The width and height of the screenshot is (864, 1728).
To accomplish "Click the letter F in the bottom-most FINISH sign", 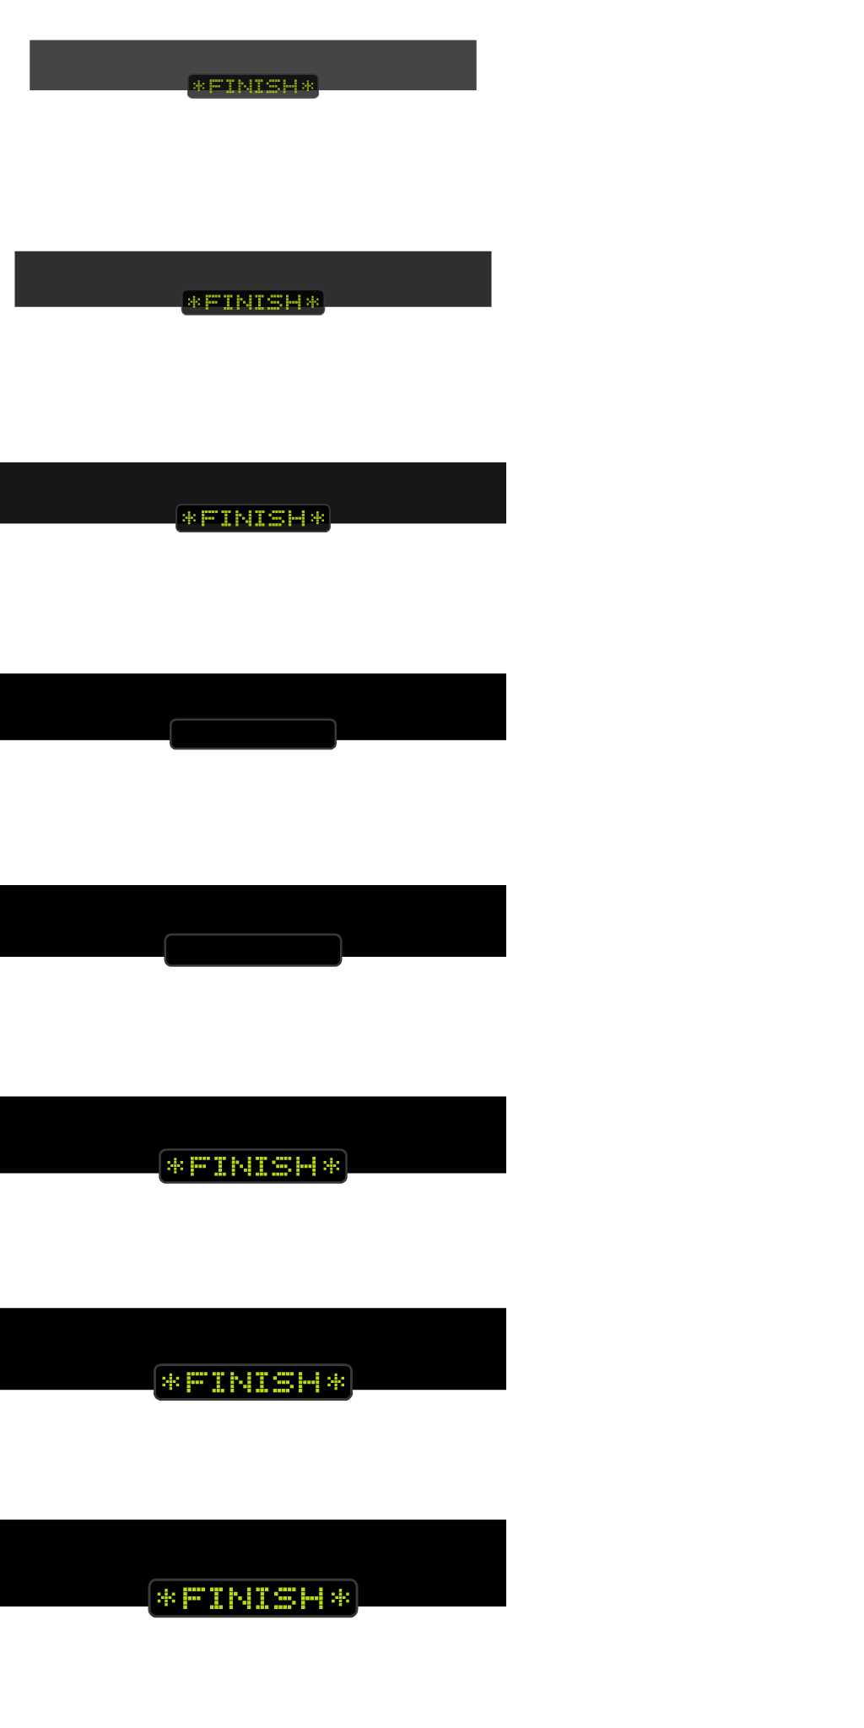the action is (192, 1598).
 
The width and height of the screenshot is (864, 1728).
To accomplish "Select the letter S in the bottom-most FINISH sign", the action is (289, 1598).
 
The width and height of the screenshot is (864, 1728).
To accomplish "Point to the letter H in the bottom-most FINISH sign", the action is (313, 1598).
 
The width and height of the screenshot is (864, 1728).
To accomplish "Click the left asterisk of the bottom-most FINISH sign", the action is (167, 1598).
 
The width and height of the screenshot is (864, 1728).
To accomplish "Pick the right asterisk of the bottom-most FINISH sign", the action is (339, 1598).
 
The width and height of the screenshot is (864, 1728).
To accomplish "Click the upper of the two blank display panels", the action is (253, 734).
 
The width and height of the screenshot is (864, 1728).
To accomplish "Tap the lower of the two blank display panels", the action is (253, 950).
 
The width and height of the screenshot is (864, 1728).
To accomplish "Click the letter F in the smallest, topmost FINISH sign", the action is (215, 86).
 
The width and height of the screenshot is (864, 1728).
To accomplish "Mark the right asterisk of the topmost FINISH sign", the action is (308, 86).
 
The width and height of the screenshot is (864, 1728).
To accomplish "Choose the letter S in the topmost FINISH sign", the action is (276, 86).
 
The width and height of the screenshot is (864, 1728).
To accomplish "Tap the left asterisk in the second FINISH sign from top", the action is (194, 302).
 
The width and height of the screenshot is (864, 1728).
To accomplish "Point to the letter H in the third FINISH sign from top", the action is (297, 518).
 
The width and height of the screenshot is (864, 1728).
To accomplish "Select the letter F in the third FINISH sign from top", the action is (208, 518).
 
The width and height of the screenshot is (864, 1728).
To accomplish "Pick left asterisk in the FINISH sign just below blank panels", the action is (175, 1166).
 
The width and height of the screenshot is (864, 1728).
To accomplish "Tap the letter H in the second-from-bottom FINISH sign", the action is (310, 1382).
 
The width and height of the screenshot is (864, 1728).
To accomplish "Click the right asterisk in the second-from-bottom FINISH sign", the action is (336, 1382).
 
